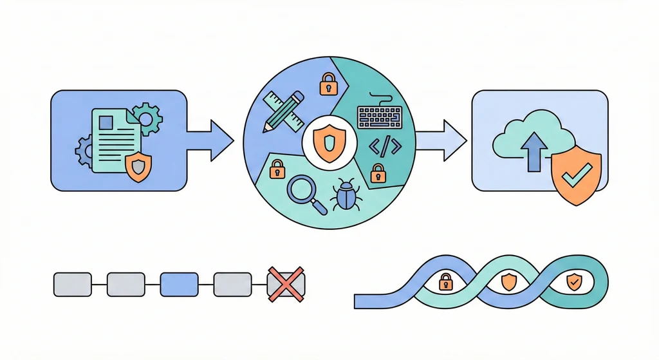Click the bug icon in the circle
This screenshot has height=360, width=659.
coord(345,195)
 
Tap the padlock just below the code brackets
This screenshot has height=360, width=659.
coord(378,173)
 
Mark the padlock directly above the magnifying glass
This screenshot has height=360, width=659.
coord(277,169)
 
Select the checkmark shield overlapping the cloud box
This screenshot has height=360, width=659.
coord(577,174)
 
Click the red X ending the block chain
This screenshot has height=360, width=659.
coord(286,283)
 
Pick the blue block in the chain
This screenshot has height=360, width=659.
coord(179,283)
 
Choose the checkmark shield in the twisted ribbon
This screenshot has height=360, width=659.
coord(573,281)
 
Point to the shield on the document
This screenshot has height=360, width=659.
coord(138,167)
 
